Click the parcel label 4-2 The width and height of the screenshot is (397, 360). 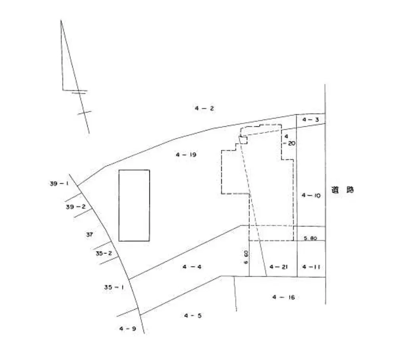coord(204,108)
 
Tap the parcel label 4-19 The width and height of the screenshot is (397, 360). coord(186,155)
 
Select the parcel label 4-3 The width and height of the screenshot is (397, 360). coord(311,120)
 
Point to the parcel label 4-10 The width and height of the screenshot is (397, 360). coord(311,195)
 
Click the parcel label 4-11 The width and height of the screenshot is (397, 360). coord(311,267)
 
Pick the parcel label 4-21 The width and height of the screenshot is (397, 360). coord(279,267)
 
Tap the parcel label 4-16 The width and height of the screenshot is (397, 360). coord(283,297)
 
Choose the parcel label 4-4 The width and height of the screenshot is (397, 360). coord(192,267)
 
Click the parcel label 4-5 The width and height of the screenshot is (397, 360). coord(193,315)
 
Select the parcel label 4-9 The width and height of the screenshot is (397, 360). coord(127,329)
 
